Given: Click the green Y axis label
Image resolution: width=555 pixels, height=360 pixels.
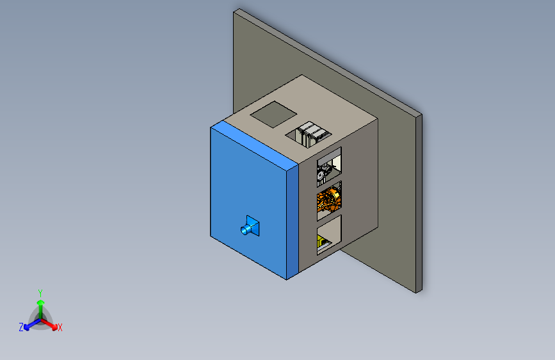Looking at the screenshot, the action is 40,293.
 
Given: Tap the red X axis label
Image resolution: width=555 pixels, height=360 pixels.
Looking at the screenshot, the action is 60,327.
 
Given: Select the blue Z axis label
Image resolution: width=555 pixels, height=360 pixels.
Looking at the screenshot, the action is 21,327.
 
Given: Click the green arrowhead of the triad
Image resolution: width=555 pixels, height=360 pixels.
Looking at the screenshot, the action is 41,302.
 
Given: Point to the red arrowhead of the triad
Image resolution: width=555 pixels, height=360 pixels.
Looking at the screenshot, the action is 54,327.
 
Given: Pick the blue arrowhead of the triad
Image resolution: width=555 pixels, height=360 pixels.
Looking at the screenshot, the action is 27,327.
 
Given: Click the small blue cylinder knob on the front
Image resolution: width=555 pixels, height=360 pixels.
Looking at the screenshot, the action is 245,230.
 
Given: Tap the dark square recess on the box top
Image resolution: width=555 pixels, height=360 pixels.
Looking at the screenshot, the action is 273,115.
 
